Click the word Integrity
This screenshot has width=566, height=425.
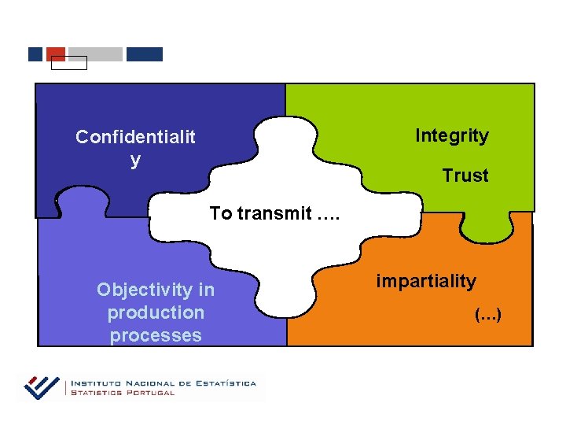point(451,135)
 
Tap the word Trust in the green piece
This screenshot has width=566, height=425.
point(465,176)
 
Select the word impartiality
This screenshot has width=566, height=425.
point(425,281)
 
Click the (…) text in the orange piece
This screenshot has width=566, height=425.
point(487,316)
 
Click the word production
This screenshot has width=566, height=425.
point(156,312)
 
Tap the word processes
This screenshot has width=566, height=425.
point(156,335)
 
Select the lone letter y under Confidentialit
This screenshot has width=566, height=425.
point(135,160)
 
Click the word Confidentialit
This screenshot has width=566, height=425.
point(135,137)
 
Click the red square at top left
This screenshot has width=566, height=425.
point(56,53)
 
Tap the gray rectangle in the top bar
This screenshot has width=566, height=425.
point(95,54)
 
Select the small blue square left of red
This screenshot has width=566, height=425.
point(35,54)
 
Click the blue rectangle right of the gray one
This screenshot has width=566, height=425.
point(145,54)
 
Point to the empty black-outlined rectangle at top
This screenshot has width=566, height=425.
point(68,63)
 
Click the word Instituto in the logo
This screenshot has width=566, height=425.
point(95,383)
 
